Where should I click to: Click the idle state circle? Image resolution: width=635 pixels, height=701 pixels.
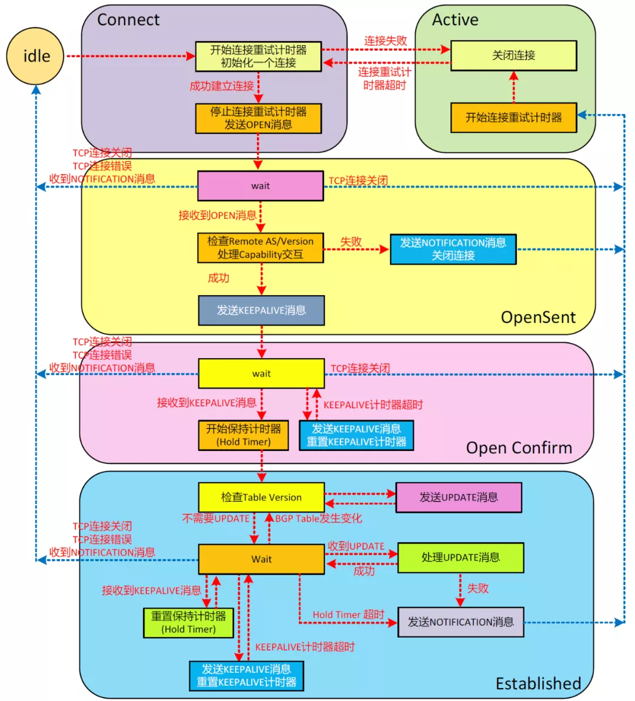[35, 56]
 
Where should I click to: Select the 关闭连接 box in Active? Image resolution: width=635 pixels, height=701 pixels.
[513, 56]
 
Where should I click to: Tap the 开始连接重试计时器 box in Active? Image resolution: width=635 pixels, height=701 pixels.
[513, 118]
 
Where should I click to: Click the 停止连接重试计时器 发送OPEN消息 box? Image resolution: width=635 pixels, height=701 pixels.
[258, 118]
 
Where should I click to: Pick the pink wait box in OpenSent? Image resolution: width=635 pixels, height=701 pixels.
[260, 186]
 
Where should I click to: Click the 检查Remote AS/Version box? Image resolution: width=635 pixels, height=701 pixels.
[260, 248]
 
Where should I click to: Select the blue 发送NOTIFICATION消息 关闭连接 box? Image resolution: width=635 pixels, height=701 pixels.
[453, 249]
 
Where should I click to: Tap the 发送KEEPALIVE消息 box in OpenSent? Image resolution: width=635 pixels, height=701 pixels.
[261, 311]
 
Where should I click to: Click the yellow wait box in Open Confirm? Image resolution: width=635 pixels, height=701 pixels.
[261, 373]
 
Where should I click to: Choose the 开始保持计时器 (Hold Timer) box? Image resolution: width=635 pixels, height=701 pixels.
[243, 435]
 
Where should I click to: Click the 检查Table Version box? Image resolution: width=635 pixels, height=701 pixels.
[261, 498]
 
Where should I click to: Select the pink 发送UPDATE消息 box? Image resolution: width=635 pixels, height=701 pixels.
[458, 498]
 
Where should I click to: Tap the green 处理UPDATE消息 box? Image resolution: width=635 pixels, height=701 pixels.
[460, 558]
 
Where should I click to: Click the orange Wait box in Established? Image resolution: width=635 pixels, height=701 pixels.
[261, 559]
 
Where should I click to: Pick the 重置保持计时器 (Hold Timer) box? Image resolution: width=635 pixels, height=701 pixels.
[188, 623]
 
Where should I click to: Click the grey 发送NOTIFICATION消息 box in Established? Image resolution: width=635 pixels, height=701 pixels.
[460, 622]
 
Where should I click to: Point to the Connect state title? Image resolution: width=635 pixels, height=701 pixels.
[128, 20]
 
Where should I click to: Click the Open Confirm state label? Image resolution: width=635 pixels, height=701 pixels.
[519, 448]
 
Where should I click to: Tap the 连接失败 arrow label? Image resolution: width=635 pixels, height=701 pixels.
[385, 41]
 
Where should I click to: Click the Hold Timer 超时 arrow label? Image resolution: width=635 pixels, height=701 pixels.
[348, 615]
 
